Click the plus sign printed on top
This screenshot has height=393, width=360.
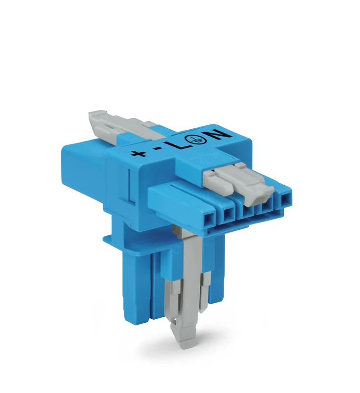coord(138,152)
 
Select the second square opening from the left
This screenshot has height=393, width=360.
coord(228,214)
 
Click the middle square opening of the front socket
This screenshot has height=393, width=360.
coord(247,210)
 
